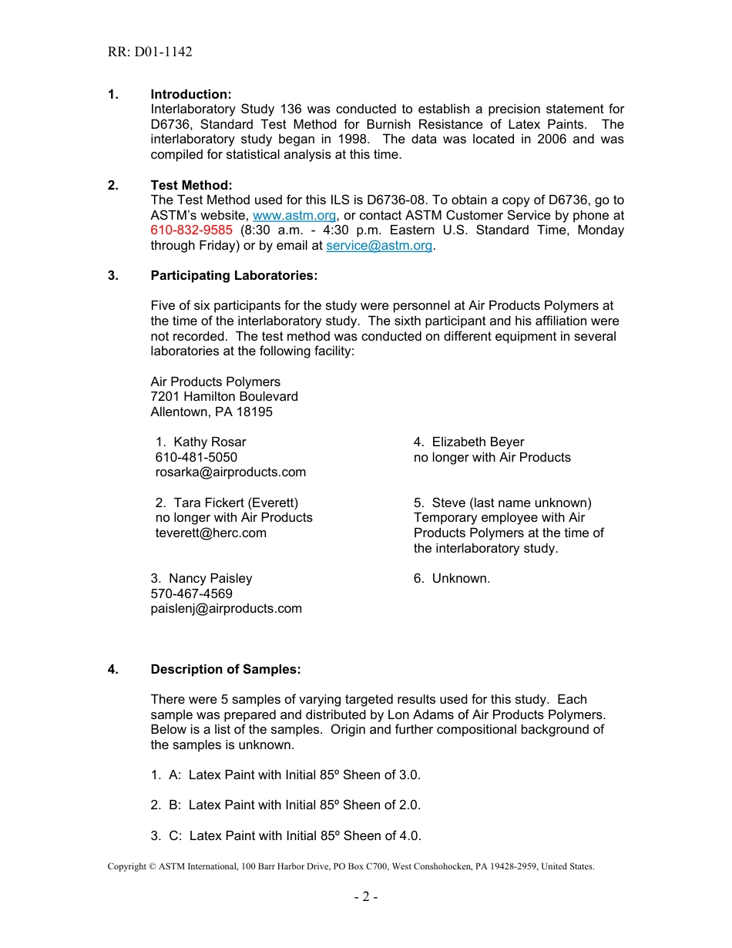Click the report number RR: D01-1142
tap(149, 52)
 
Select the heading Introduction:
tap(190, 94)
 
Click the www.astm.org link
tap(294, 216)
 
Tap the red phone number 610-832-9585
tap(191, 230)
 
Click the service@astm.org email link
tap(378, 246)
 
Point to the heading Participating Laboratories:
tap(233, 276)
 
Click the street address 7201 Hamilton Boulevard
tap(224, 397)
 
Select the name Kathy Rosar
tap(209, 442)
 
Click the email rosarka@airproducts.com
tap(230, 472)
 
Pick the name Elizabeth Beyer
tap(477, 442)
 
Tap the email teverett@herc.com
tap(210, 533)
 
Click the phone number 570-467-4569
tap(191, 594)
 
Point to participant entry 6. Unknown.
tap(452, 579)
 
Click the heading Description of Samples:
tap(225, 670)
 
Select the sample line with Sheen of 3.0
tap(286, 775)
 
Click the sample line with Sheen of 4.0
tap(286, 836)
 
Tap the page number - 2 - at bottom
tap(365, 897)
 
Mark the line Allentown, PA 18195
tap(211, 412)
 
